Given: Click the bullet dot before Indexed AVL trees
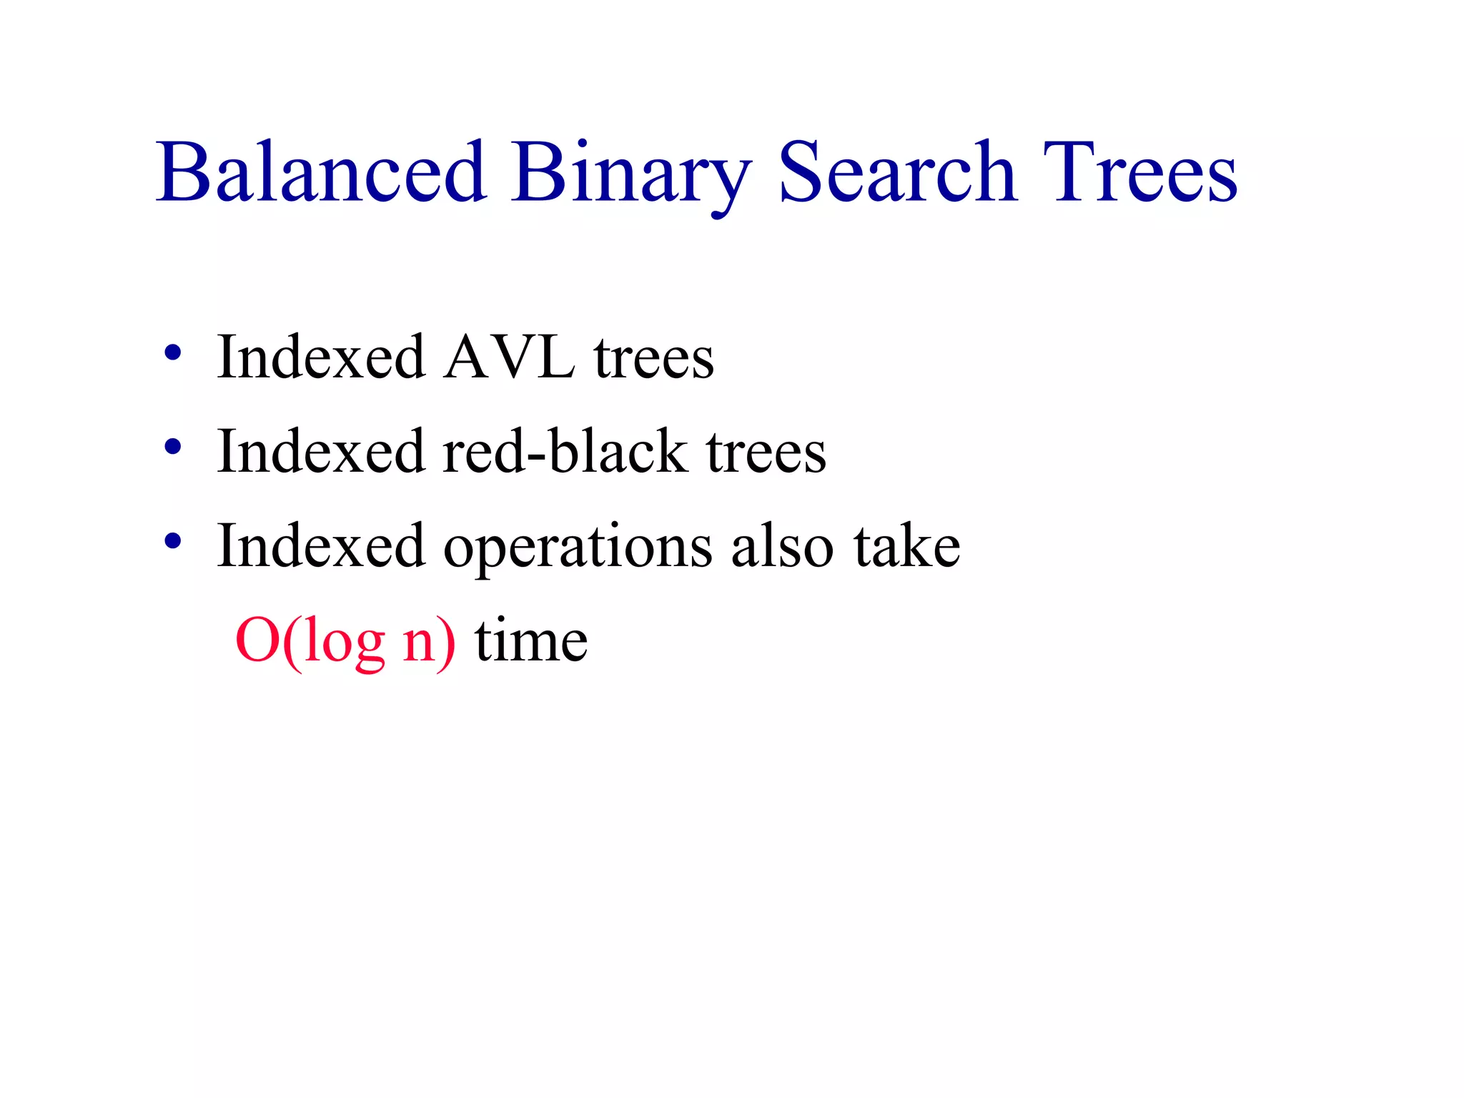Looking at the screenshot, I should [x=172, y=353].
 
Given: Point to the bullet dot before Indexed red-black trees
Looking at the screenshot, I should [x=172, y=447].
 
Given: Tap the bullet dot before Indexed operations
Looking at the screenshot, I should [x=172, y=542].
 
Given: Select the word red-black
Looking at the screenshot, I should [x=565, y=451].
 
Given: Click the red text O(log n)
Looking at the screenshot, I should [x=345, y=641].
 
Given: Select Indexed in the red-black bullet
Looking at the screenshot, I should [x=321, y=451].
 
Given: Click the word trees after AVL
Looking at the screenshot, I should [x=653, y=358].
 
